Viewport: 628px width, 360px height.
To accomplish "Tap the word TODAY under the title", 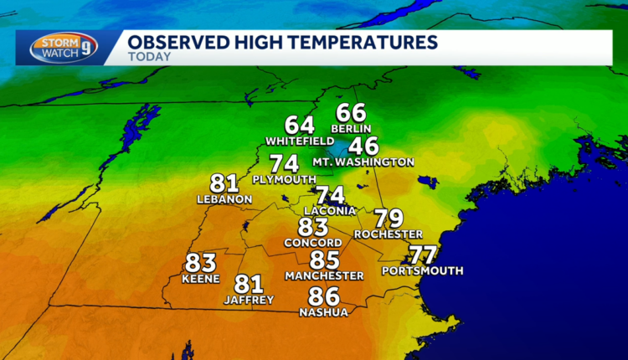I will coord(150,57).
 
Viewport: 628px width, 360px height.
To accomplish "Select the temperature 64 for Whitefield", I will coord(300,126).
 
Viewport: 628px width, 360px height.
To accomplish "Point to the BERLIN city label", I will coord(351,128).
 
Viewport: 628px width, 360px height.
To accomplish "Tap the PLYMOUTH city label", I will coord(285,179).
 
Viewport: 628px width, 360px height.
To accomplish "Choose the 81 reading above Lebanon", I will coord(225,183).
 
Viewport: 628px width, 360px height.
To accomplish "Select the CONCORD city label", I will coord(313,243).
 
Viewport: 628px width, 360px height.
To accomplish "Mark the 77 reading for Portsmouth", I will coord(424,256).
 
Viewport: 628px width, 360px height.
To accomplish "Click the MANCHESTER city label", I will coord(324,275).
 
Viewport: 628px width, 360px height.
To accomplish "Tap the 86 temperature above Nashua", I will coord(323,296).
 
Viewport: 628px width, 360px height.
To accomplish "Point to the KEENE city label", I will coord(201,279).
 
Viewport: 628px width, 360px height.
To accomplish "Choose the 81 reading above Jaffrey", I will coord(250,285).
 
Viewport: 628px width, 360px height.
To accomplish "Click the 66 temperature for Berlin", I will coord(352,113).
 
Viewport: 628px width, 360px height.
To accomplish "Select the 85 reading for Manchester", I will coord(325,260).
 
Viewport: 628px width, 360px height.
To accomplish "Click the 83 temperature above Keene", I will coord(201,263).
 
